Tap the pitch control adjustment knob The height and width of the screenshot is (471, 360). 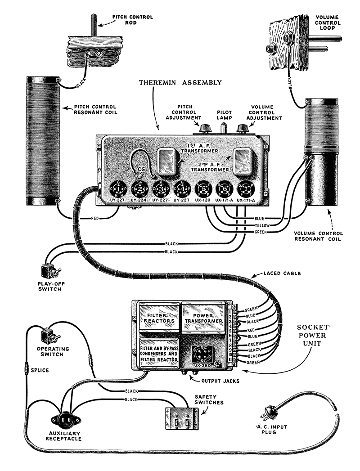[206, 129]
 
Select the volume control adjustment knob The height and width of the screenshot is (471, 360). [243, 129]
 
